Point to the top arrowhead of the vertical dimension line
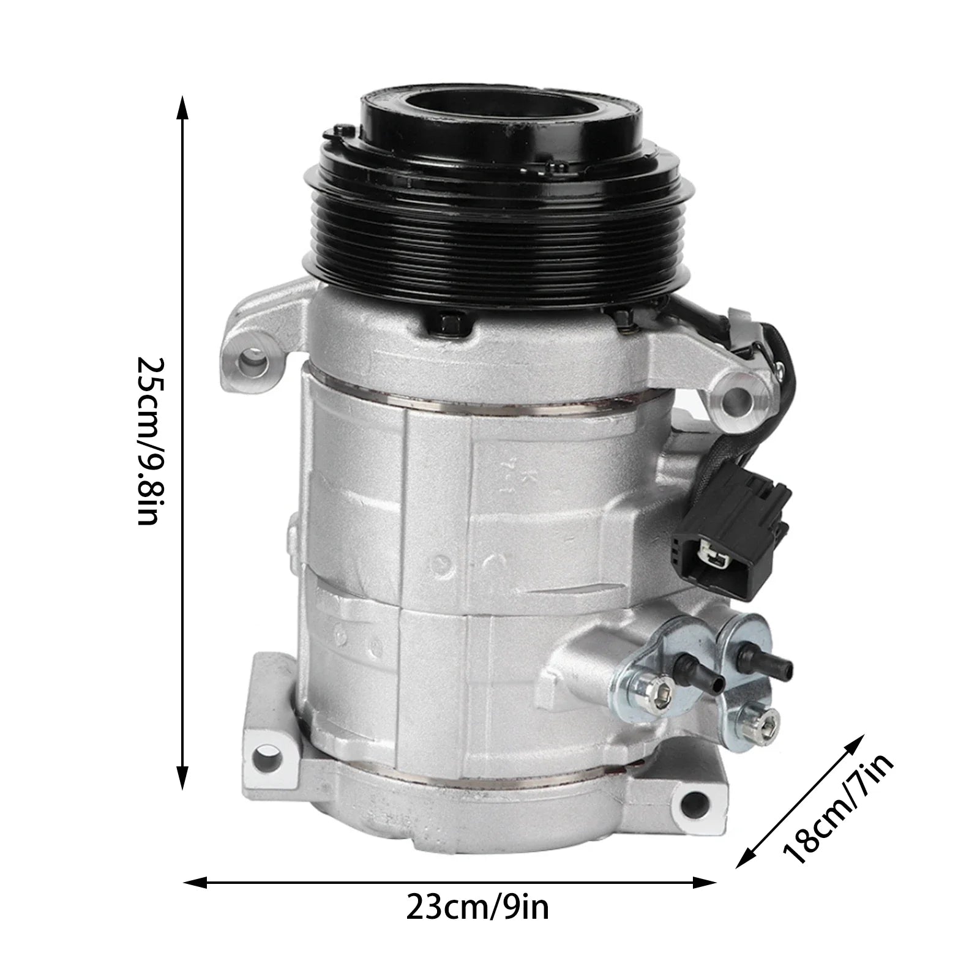tap(182, 108)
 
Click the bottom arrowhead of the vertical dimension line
tap(182, 777)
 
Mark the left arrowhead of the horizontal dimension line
tap(196, 882)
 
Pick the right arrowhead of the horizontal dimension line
tap(703, 882)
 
